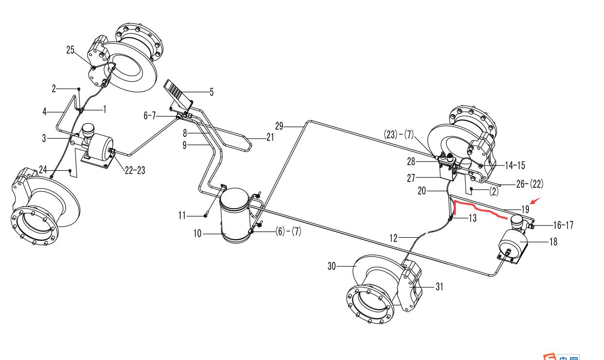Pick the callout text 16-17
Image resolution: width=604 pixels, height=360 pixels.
563,226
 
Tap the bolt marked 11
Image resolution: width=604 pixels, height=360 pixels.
206,213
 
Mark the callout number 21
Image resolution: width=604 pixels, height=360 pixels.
270,137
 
